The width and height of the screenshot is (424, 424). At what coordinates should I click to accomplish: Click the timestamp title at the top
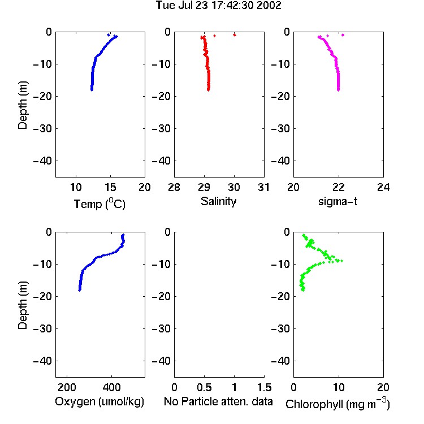[x=218, y=5]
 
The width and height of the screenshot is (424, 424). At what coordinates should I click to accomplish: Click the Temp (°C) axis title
[x=99, y=204]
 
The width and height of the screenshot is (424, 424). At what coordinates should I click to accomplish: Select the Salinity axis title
[x=218, y=201]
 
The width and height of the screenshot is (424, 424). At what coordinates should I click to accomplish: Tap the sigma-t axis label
[x=338, y=201]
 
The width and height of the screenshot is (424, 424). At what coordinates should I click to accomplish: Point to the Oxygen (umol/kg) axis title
[x=99, y=401]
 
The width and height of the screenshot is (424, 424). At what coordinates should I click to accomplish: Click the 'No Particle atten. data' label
[x=218, y=401]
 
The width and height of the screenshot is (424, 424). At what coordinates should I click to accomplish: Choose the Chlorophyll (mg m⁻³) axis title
[x=338, y=404]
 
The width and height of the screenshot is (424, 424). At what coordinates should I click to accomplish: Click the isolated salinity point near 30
[x=235, y=35]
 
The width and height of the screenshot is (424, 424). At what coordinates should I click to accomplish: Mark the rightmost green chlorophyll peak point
[x=342, y=261]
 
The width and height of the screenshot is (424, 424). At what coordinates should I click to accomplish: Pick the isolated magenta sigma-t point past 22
[x=343, y=35]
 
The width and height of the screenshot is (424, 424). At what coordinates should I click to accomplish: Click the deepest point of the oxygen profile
[x=80, y=289]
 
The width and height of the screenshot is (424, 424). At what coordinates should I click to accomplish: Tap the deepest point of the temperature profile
[x=92, y=89]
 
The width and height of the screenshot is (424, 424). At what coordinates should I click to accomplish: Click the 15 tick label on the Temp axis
[x=110, y=187]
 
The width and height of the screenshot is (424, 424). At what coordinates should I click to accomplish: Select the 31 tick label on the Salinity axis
[x=263, y=187]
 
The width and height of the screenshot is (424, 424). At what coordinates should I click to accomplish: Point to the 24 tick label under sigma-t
[x=383, y=187]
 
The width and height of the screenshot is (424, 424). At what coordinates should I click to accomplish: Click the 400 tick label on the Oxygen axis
[x=111, y=387]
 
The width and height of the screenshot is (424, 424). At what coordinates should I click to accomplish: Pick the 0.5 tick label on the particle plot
[x=204, y=387]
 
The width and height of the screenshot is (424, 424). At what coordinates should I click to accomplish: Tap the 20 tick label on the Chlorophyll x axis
[x=383, y=387]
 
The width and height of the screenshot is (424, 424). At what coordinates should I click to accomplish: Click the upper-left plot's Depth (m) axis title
[x=23, y=105]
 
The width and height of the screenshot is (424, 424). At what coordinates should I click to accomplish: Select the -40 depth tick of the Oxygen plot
[x=42, y=361]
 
